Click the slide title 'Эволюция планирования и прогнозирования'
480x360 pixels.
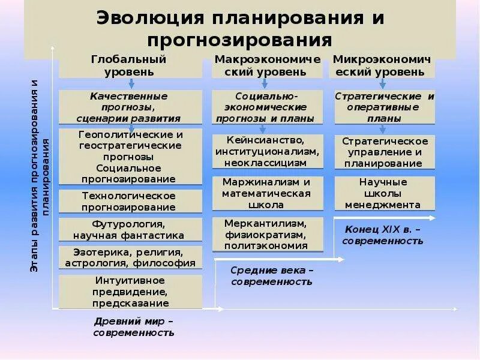pos(240,29)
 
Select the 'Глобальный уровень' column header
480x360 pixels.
pos(128,65)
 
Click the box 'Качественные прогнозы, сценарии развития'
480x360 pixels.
pos(129,107)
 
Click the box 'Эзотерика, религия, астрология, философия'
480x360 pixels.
pos(130,257)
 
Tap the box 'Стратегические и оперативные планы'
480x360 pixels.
pos(384,107)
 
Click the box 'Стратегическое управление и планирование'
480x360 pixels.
pos(385,152)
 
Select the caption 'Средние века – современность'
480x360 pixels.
pos(271,275)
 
